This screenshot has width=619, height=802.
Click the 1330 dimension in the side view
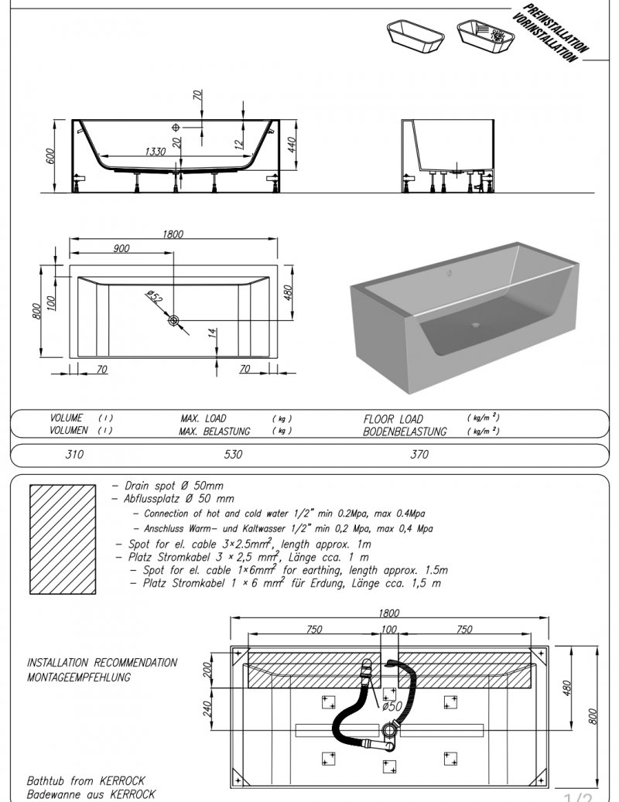[155, 152]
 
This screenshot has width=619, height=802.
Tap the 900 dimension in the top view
[121, 248]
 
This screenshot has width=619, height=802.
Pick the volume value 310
[74, 455]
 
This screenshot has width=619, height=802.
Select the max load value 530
[232, 455]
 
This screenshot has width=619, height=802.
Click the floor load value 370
[419, 455]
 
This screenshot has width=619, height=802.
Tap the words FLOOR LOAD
[393, 418]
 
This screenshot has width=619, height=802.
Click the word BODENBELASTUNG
[405, 432]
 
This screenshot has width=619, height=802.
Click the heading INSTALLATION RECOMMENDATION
[102, 663]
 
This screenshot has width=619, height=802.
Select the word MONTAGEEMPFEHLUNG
[78, 677]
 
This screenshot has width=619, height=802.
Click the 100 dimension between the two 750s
[389, 630]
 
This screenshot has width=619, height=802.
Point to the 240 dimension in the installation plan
[207, 708]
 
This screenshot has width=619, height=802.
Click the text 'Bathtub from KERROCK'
[86, 781]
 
